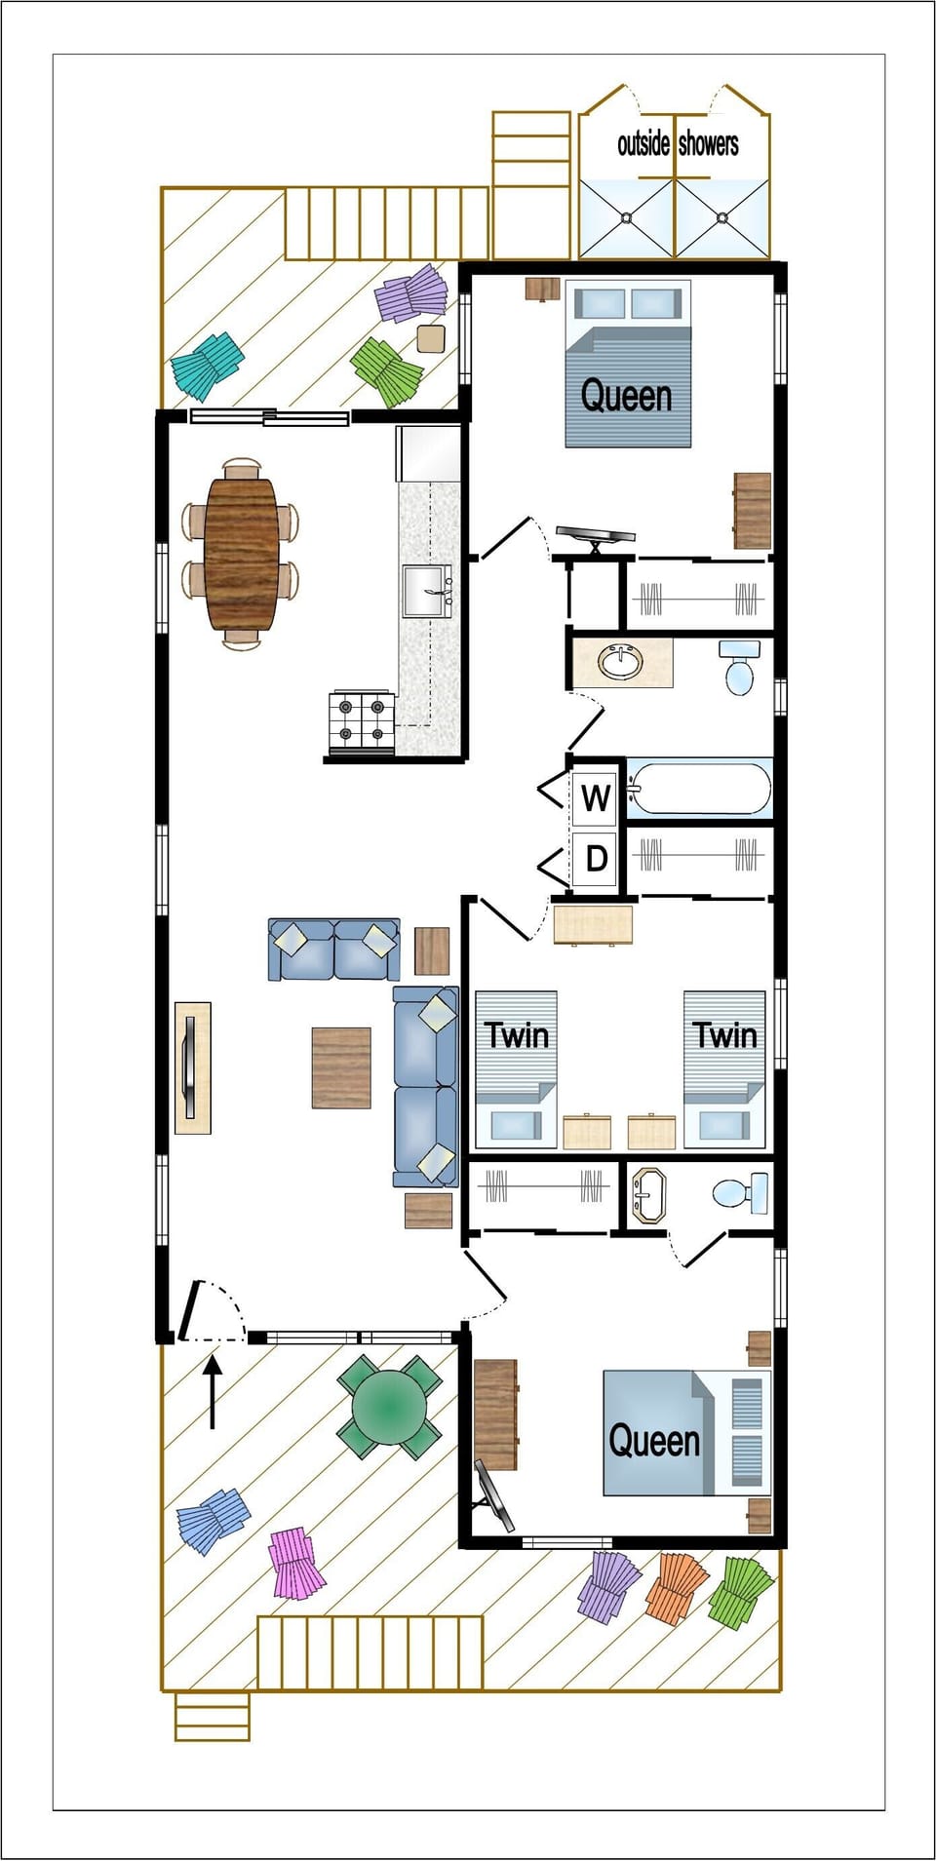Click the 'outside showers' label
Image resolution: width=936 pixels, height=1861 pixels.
pos(677,144)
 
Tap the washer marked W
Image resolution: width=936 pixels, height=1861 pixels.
pos(595,798)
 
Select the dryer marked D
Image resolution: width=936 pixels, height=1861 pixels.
pos(595,859)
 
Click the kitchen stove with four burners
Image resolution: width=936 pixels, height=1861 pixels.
pos(362,721)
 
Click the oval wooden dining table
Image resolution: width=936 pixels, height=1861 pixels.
pos(241,554)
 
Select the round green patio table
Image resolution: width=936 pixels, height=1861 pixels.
pos(389,1407)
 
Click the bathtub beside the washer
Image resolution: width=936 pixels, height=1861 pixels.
pos(700,788)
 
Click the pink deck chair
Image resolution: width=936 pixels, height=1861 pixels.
pos(295,1563)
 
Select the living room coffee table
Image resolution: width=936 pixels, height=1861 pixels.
pos(341,1067)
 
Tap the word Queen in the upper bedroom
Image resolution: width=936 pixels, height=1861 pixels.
pos(626,397)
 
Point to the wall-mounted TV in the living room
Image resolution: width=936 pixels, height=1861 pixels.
pos(191,1067)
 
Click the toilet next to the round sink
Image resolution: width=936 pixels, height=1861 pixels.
pos(739,668)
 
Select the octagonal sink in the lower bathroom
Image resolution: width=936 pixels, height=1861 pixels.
pos(647,1195)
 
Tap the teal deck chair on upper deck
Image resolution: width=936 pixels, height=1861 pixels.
pos(206,366)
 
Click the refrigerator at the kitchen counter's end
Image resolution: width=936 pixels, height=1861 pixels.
pos(428,453)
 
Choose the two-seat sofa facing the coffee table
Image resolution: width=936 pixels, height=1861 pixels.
pos(333,949)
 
